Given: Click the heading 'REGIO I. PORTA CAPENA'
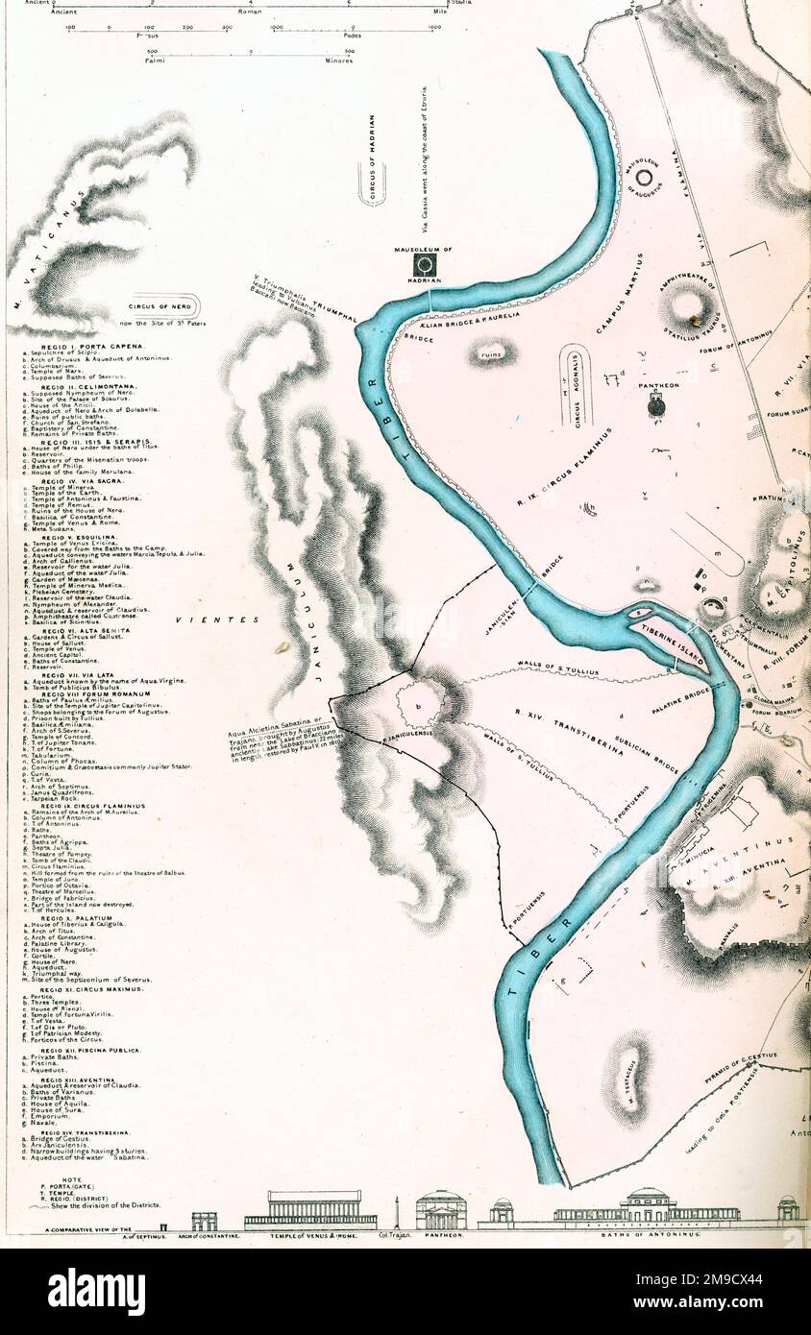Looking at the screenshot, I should click(x=92, y=345).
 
